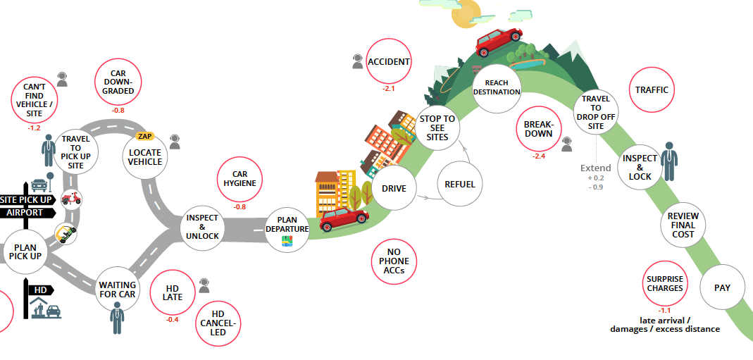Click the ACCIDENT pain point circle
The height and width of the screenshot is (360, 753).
tap(389, 62)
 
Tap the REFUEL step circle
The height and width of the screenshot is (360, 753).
tap(460, 185)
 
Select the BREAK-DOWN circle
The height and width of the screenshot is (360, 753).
tap(539, 129)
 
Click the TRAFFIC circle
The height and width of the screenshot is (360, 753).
tap(651, 90)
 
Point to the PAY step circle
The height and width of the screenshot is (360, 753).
tap(722, 287)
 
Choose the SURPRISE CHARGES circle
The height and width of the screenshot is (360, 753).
tap(665, 284)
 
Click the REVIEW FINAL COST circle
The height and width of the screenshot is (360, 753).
tap(683, 225)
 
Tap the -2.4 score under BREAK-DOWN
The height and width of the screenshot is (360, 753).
tap(539, 156)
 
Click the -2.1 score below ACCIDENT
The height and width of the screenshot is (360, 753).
tap(389, 89)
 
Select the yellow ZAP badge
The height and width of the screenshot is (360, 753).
tap(145, 136)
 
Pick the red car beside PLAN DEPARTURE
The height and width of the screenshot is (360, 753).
tap(344, 219)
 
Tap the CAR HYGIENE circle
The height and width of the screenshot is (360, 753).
tap(239, 179)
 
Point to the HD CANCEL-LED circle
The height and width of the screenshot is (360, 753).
tap(218, 323)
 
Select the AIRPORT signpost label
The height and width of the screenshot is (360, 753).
tap(25, 213)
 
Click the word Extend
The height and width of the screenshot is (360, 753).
tap(595, 168)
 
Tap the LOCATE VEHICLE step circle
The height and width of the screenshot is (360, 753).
tap(144, 157)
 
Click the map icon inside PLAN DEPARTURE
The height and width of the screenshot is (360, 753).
tap(287, 241)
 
